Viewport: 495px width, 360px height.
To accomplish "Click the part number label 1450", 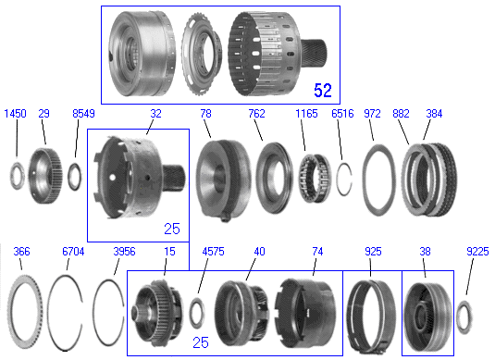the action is tap(15, 114).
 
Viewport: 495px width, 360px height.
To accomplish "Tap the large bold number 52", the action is tap(323, 91).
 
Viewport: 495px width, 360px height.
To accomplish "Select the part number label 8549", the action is tap(83, 114).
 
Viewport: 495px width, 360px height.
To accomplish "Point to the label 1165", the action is tap(306, 114).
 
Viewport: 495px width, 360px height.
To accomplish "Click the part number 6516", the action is tap(343, 114).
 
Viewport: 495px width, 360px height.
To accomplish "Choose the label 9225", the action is tap(477, 252).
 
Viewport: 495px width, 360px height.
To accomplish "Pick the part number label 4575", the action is tap(213, 252).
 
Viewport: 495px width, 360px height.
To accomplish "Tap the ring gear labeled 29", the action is tap(45, 176).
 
